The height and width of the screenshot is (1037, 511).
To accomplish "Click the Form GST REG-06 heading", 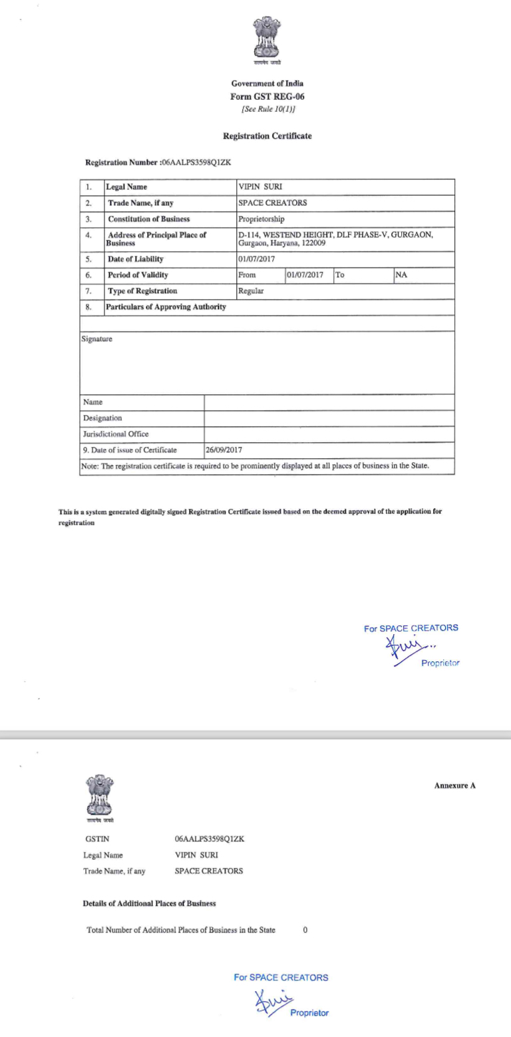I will [x=267, y=96].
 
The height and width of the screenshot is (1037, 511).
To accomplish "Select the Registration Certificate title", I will [x=267, y=136].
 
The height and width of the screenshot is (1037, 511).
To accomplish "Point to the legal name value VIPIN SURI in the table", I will [x=260, y=187].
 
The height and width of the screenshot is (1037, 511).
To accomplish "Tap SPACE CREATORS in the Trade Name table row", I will [x=272, y=203].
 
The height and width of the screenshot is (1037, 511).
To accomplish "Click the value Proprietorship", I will [x=265, y=219].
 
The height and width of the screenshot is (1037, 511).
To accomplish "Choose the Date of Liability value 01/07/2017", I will [x=256, y=259].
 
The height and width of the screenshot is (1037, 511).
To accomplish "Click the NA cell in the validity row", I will [x=401, y=274].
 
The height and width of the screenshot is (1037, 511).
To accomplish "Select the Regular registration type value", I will [x=251, y=291].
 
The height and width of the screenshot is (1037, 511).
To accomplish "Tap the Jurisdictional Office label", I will [x=116, y=434].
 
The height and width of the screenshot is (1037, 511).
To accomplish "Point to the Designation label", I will [x=102, y=418].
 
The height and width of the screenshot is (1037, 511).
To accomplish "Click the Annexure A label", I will [x=455, y=785].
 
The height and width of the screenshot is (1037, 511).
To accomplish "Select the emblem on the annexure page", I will [x=100, y=797].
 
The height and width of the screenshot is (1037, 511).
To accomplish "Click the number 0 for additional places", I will [x=305, y=930].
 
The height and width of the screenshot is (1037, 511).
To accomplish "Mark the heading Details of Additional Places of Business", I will [x=149, y=904].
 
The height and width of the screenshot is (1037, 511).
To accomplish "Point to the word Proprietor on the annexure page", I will [x=309, y=1013].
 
